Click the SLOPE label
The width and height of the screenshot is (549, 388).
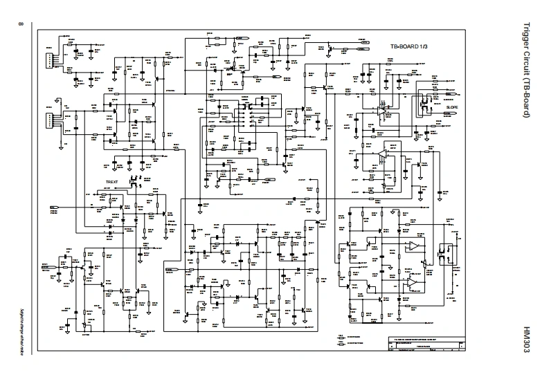(452, 107)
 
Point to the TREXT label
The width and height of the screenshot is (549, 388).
(112, 183)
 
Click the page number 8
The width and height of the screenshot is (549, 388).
(20, 26)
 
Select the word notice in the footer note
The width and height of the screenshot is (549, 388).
(21, 352)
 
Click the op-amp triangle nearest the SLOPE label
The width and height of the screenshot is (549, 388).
(382, 109)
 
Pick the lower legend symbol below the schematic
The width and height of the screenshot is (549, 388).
(342, 344)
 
